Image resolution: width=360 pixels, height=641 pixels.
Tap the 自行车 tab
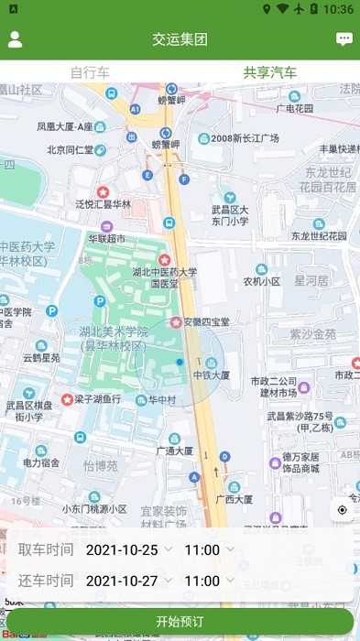click(x=90, y=72)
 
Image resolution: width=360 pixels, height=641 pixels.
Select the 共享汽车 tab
click(x=269, y=72)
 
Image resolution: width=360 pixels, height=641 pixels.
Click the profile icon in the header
click(x=16, y=39)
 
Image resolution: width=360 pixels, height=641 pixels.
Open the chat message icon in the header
click(x=344, y=39)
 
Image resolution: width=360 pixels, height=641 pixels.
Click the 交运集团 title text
click(x=180, y=39)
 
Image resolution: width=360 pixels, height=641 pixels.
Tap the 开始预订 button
click(x=180, y=622)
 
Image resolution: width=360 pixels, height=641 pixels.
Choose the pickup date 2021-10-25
click(x=122, y=550)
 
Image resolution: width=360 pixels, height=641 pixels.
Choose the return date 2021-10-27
click(x=122, y=581)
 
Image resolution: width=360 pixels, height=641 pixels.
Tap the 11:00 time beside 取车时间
click(x=202, y=550)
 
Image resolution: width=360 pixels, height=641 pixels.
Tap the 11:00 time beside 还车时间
click(x=202, y=581)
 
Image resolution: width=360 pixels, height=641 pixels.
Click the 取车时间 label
click(x=46, y=550)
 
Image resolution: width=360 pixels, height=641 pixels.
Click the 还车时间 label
click(x=46, y=581)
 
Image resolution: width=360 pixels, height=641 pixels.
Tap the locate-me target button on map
click(x=343, y=510)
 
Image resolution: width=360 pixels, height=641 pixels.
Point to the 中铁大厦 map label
click(x=211, y=375)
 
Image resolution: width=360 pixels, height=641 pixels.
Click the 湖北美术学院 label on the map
click(x=113, y=332)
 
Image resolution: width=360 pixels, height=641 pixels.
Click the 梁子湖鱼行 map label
click(x=97, y=399)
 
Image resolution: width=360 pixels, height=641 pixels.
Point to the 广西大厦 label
click(x=235, y=499)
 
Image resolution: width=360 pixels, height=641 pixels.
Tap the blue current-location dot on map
click(x=180, y=363)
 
